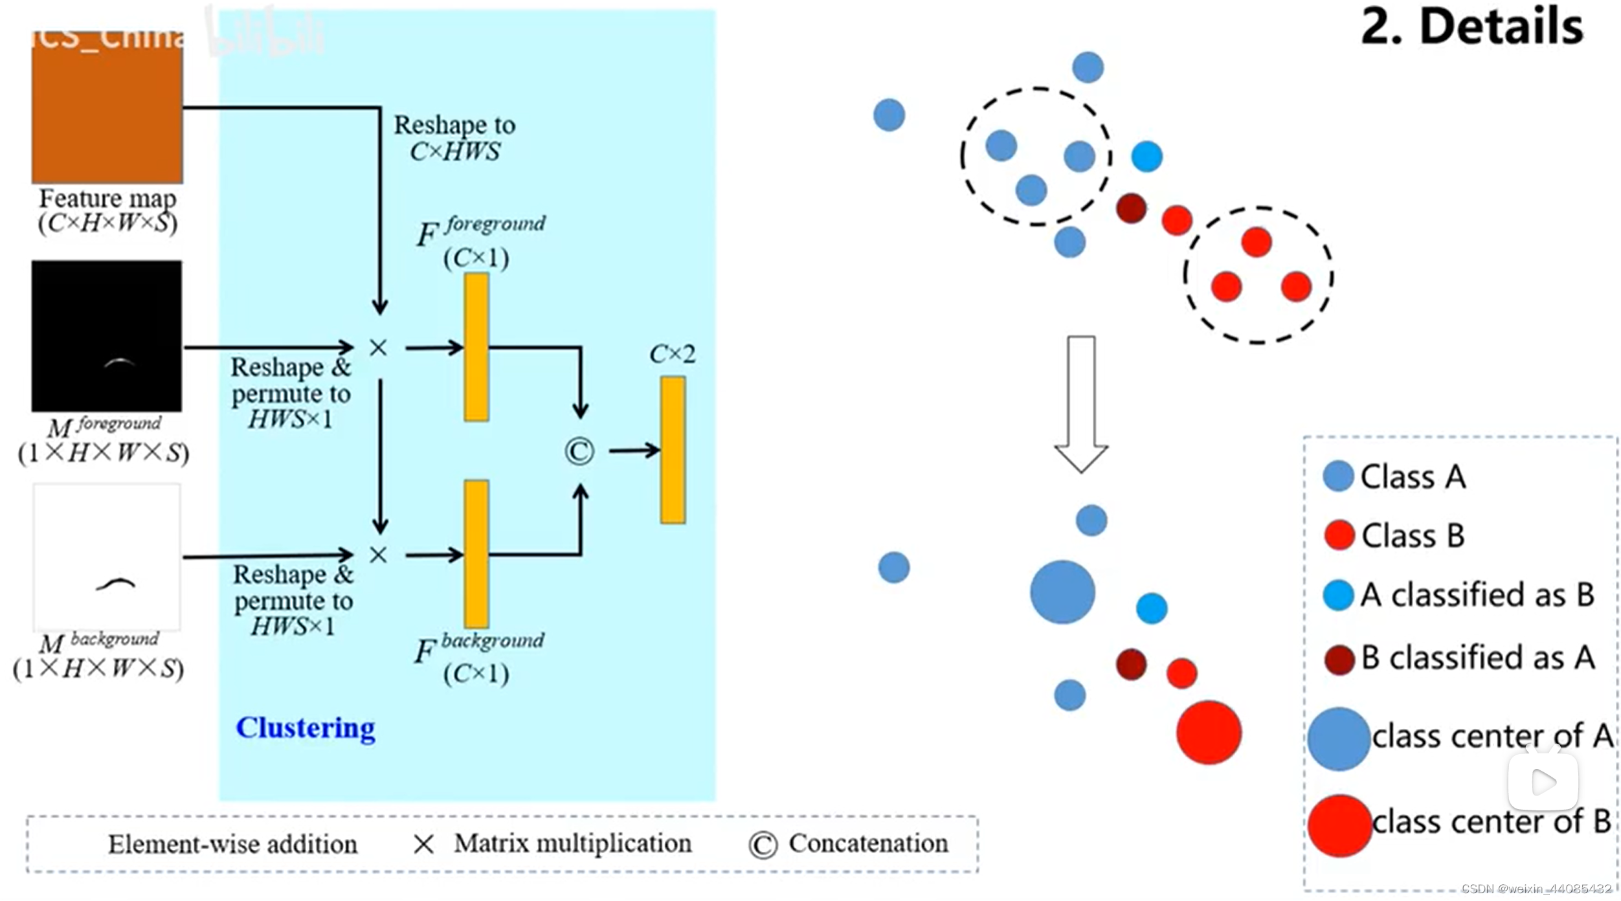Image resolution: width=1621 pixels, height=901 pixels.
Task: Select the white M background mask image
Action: coord(107,557)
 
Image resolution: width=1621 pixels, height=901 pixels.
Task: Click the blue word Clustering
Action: coord(305,728)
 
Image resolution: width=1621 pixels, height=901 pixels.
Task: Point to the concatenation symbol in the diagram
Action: coord(579,451)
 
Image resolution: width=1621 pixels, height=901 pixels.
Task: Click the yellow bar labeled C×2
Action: coord(673,450)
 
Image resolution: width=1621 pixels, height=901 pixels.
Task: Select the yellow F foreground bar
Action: coord(476,347)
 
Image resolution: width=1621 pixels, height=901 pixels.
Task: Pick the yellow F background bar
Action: coord(476,554)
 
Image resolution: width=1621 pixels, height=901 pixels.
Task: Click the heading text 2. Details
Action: coord(1471,27)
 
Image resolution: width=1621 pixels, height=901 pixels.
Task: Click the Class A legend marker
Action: coord(1338,476)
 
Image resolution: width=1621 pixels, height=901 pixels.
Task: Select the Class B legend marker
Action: coord(1339,535)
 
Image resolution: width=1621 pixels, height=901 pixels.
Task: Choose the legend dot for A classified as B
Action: coord(1338,595)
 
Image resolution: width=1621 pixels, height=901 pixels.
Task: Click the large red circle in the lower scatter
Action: coord(1208,732)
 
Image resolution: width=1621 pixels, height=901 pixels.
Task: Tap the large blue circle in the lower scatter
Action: coord(1062,592)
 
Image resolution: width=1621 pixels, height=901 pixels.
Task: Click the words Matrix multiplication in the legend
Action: coord(572,843)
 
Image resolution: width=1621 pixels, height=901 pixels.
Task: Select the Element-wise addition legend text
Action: coord(232,845)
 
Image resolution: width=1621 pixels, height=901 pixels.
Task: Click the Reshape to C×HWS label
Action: coord(454,138)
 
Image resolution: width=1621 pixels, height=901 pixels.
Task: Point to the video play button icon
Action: coord(1543,781)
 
